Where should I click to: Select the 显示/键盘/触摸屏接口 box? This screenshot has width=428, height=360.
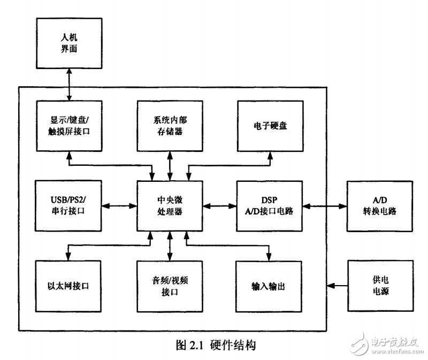tap(68, 125)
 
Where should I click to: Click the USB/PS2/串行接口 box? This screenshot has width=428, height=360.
tap(68, 205)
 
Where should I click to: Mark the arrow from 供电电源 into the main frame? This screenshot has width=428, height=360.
tap(337, 286)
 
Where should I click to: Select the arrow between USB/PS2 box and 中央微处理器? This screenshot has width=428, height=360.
tap(119, 205)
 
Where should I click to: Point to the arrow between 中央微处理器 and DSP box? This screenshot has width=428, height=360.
tap(219, 205)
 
